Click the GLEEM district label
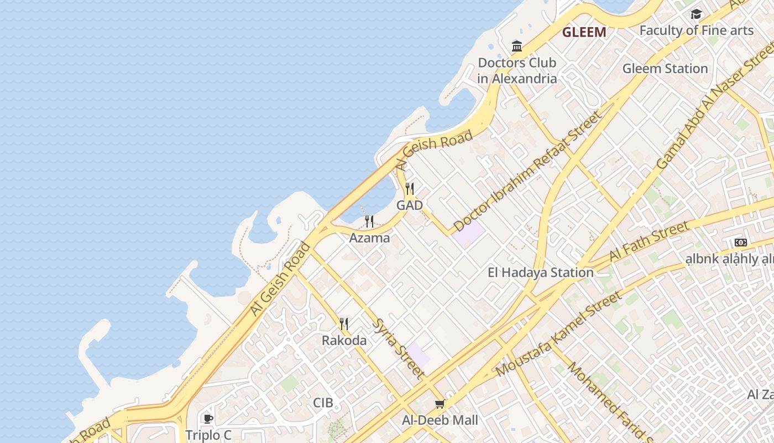pyautogui.click(x=584, y=32)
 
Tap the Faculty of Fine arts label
pyautogui.click(x=696, y=30)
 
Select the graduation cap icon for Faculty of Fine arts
pyautogui.click(x=696, y=14)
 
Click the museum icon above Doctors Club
pyautogui.click(x=517, y=46)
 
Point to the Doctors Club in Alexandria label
pyautogui.click(x=517, y=70)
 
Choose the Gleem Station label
pyautogui.click(x=665, y=69)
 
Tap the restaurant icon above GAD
pyautogui.click(x=410, y=189)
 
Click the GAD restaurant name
pyautogui.click(x=410, y=205)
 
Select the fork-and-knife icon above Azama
pyautogui.click(x=369, y=221)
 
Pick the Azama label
pyautogui.click(x=369, y=238)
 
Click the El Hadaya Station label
pyautogui.click(x=540, y=272)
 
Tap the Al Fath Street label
pyautogui.click(x=649, y=241)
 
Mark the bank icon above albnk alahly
pyautogui.click(x=740, y=243)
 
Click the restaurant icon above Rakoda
pyautogui.click(x=344, y=323)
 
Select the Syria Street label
pyautogui.click(x=399, y=348)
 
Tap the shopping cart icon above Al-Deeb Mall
pyautogui.click(x=440, y=404)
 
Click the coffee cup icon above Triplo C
pyautogui.click(x=208, y=419)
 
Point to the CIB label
pyautogui.click(x=323, y=403)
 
